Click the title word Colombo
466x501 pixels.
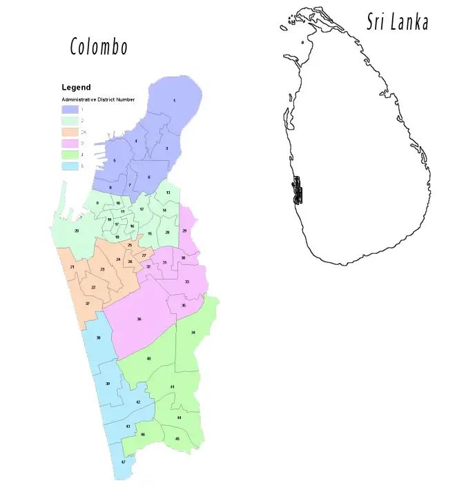pos(99,47)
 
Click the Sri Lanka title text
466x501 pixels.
pos(398,22)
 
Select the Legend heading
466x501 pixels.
pos(76,88)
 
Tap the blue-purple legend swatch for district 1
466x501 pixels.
pos(70,109)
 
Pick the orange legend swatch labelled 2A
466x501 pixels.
pos(70,132)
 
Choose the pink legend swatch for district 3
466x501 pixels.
pos(70,143)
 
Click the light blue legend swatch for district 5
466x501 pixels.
pos(70,166)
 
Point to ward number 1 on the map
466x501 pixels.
pos(174,101)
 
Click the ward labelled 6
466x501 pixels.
pos(148,177)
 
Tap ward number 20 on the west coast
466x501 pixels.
pos(77,230)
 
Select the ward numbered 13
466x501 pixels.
pos(168,193)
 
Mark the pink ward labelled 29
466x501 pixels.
pos(184,230)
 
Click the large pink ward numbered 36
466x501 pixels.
pos(139,319)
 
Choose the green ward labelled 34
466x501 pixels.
pos(193,333)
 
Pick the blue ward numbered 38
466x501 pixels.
pos(99,337)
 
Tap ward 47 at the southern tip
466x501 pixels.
pos(123,461)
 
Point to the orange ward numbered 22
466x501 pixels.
pos(93,287)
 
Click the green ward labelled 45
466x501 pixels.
pos(177,439)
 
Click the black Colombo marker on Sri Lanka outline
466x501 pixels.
pos(298,191)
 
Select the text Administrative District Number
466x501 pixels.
pos(98,99)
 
